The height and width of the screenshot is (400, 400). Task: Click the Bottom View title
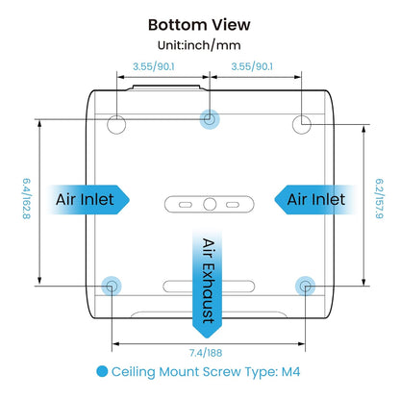(x=199, y=25)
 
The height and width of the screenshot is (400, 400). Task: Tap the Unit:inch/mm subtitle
(x=199, y=45)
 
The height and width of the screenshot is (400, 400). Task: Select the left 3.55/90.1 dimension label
(x=154, y=66)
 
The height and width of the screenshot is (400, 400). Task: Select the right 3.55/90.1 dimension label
(x=252, y=66)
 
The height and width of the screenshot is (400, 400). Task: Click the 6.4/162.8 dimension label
(x=26, y=199)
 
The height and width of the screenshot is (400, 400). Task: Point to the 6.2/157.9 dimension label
(x=380, y=199)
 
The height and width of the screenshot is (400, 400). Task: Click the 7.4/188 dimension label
(x=206, y=353)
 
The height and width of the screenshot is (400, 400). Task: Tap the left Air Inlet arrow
(x=87, y=199)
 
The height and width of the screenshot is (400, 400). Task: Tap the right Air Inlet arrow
(x=315, y=199)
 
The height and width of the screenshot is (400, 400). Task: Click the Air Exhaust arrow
(x=207, y=282)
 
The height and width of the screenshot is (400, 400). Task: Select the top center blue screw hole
(x=210, y=119)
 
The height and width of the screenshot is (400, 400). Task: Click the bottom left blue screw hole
(x=112, y=286)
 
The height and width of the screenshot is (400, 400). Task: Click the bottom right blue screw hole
(x=305, y=286)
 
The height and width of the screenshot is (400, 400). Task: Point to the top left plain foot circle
(x=116, y=124)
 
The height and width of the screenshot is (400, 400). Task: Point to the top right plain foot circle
(x=302, y=124)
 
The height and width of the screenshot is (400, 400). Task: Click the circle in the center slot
(x=210, y=204)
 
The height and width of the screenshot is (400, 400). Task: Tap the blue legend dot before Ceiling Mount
(x=102, y=371)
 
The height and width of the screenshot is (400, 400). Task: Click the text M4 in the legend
(x=290, y=372)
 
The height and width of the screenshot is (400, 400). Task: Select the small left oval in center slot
(x=186, y=205)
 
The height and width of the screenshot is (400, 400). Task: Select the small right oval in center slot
(x=233, y=205)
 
